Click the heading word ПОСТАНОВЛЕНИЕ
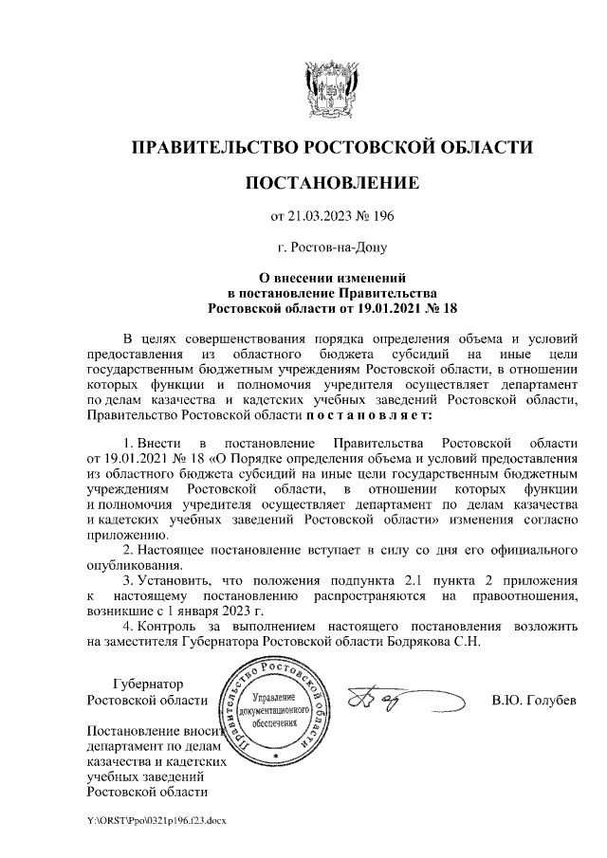(x=331, y=181)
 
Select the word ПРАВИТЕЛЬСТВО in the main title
(x=212, y=148)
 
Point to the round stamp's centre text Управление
(x=274, y=697)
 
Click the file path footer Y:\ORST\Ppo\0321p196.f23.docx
(x=156, y=817)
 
